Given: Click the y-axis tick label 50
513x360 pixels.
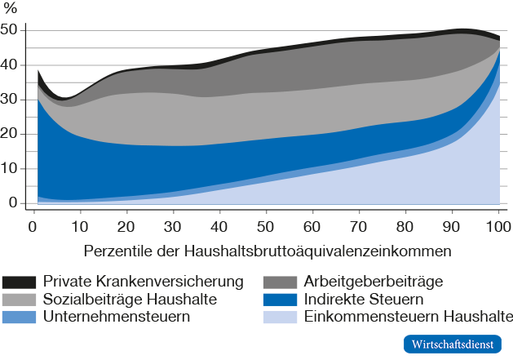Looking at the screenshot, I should click(x=10, y=30).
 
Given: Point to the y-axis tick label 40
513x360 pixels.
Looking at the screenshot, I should click(x=10, y=65).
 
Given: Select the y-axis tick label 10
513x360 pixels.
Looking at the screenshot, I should click(x=10, y=169).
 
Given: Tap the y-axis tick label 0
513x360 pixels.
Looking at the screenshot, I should click(x=13, y=203).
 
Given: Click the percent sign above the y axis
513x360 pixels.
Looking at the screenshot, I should click(x=11, y=9).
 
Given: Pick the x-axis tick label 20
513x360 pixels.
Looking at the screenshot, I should click(x=125, y=224).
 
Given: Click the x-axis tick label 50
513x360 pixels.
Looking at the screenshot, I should click(x=265, y=224).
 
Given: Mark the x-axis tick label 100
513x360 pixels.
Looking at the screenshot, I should click(x=498, y=224).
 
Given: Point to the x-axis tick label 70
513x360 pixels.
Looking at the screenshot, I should click(x=359, y=224).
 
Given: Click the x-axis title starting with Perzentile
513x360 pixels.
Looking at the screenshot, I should click(x=265, y=247).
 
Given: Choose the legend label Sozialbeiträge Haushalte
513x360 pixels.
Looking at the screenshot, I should click(x=130, y=300).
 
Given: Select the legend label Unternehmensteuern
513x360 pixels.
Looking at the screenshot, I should click(x=117, y=317).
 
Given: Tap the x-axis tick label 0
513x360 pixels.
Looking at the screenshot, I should click(x=32, y=224).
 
